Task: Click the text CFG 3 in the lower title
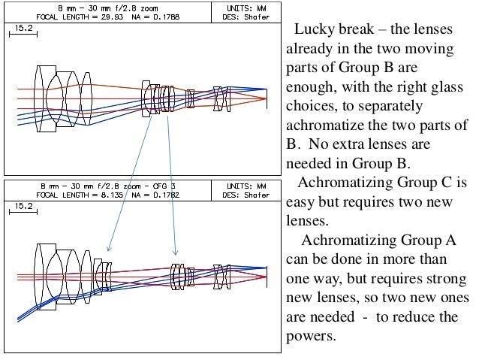164,185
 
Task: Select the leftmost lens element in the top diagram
40,88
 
